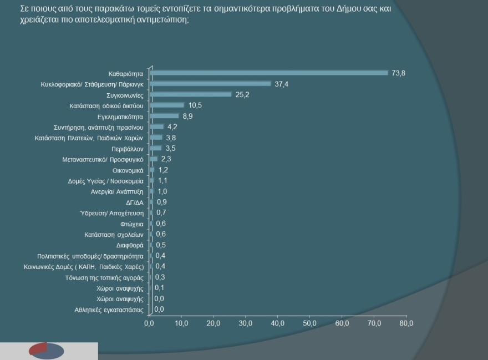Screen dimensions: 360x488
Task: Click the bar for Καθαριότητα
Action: coord(269,73)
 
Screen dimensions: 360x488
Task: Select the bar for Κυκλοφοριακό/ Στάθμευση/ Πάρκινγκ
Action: coord(210,84)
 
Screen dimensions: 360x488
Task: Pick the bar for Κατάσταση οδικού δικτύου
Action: coord(166,105)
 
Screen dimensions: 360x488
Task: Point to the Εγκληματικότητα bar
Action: coord(164,116)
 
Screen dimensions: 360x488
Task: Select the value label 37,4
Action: coord(282,84)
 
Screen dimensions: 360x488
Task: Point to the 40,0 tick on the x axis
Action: coord(278,322)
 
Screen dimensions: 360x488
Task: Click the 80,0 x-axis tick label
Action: coord(406,322)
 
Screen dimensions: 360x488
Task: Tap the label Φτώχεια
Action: coord(132,224)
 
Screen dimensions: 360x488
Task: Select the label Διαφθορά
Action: coord(130,245)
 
